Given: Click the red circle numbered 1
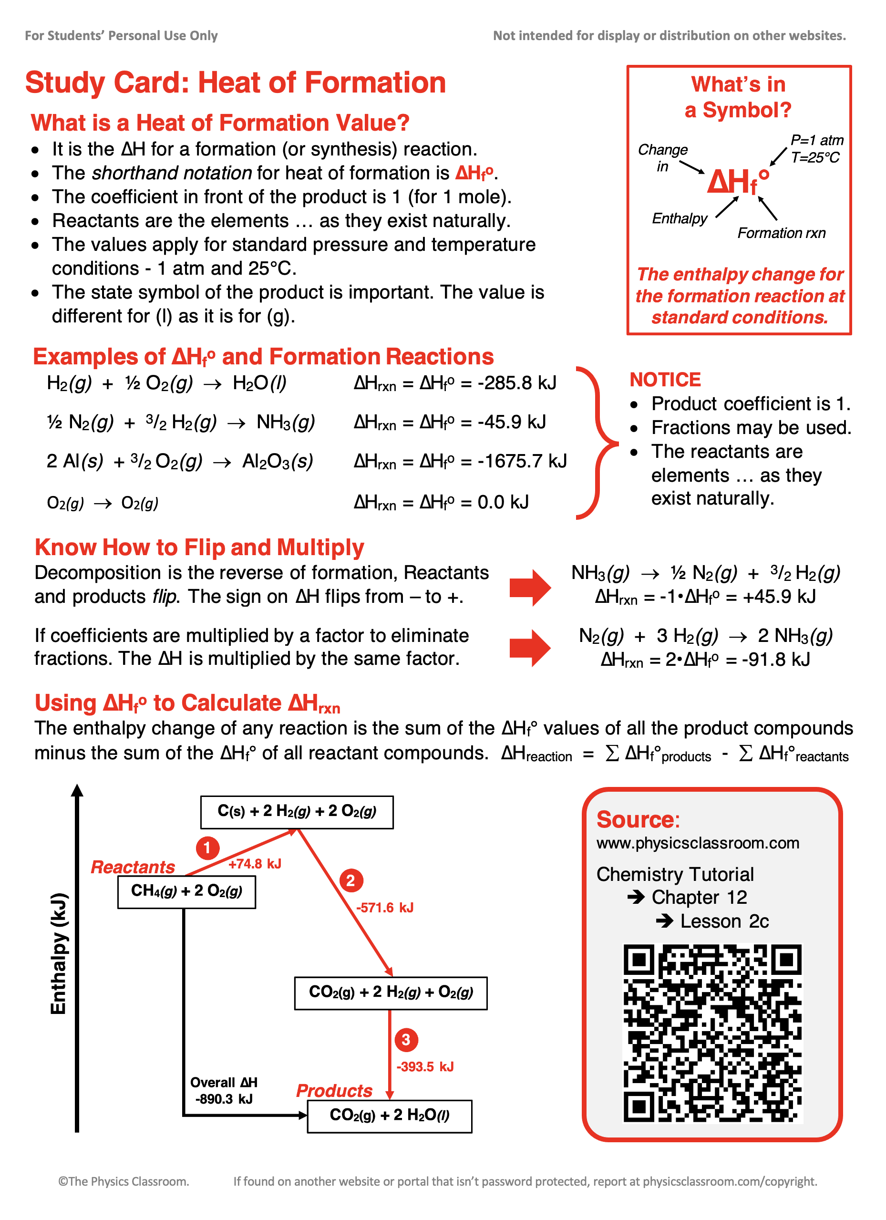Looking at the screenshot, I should point(207,848).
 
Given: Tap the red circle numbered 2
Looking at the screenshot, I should point(351,880).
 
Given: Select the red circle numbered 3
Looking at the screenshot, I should point(406,1040).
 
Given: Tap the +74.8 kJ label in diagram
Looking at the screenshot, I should point(255,864).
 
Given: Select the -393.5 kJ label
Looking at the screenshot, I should point(424,1067).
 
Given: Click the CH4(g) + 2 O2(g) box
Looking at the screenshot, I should point(186,891).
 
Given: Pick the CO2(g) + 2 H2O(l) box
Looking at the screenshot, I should point(389,1116).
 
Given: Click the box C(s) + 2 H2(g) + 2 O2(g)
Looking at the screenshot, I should point(297,812).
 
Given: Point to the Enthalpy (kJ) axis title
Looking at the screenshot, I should point(59,953).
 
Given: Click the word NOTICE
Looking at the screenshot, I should point(665,380).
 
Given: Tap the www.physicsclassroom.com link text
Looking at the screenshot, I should point(697,843).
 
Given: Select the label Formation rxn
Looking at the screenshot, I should point(781,233).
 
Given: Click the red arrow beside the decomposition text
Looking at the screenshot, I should point(529,588).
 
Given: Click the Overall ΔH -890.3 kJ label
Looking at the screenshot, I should point(224,1090).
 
